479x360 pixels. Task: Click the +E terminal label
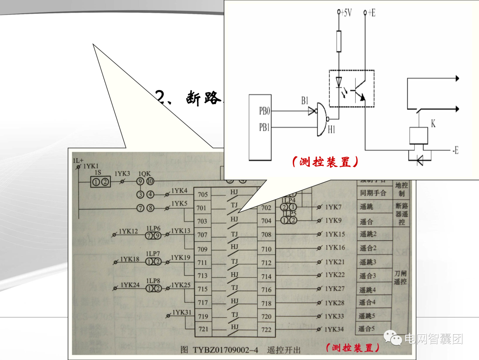370,13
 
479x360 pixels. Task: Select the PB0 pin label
264,111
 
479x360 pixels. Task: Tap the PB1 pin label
264,128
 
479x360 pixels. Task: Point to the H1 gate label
332,129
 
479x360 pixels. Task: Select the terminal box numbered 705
202,195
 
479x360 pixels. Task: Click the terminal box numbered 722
266,330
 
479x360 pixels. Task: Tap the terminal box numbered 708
266,235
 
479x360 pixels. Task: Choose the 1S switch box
100,182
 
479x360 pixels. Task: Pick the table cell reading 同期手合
373,193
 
